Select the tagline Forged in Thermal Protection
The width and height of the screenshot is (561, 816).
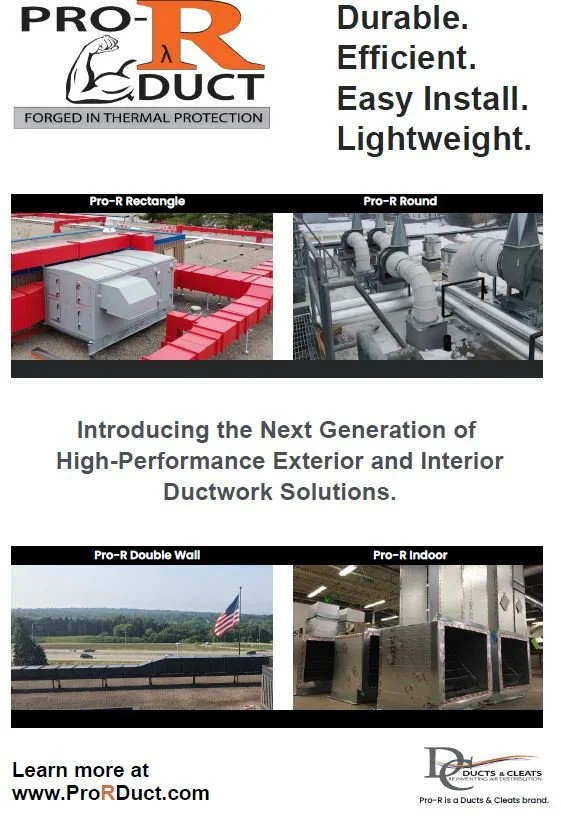(141, 117)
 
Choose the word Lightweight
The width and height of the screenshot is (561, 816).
(433, 139)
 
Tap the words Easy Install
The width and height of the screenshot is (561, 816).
(432, 99)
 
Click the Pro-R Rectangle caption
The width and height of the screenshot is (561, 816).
(137, 201)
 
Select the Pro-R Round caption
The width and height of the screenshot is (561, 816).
(400, 201)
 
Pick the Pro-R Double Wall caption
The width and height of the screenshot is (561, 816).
(140, 555)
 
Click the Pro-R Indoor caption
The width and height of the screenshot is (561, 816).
(410, 555)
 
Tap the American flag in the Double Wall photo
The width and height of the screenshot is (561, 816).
(227, 616)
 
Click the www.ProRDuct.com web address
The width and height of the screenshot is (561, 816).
(111, 793)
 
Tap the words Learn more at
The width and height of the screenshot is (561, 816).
(80, 770)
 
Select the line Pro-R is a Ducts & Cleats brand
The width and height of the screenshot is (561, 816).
(484, 800)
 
